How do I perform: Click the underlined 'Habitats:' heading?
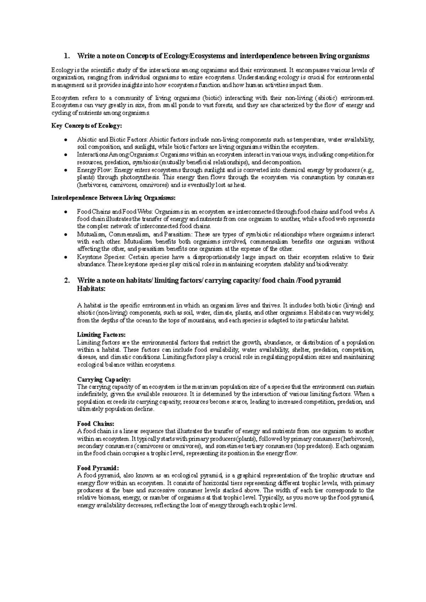(x=91, y=289)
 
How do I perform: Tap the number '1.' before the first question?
(x=66, y=56)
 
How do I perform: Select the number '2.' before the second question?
(x=66, y=280)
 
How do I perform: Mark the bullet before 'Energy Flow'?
(x=66, y=170)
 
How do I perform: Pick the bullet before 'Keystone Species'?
(x=66, y=257)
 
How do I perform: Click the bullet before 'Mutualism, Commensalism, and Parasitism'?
(x=66, y=235)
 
